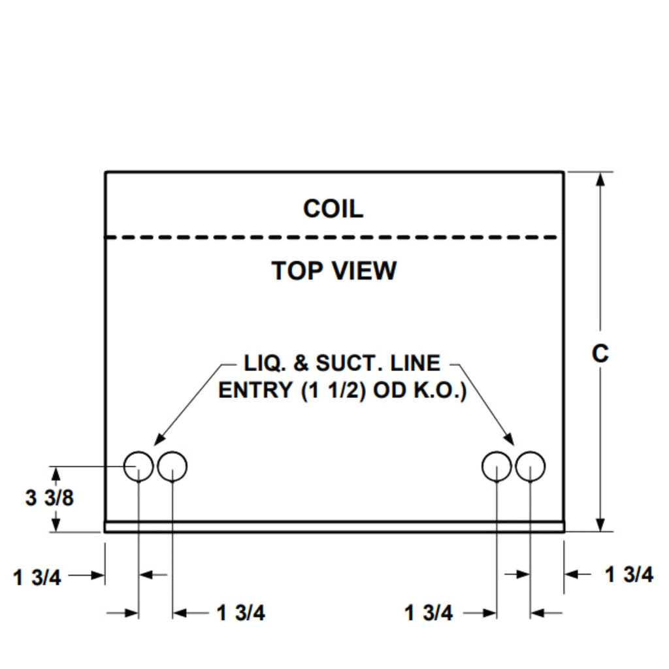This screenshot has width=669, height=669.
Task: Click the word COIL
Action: click(333, 209)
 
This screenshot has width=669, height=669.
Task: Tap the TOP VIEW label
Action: click(334, 270)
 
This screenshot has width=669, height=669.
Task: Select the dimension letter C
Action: click(600, 353)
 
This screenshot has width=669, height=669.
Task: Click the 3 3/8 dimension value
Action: click(50, 498)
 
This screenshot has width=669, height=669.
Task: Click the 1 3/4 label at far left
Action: click(37, 577)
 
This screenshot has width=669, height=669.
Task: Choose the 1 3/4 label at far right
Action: click(628, 575)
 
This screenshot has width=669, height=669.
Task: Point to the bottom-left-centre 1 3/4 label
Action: click(241, 613)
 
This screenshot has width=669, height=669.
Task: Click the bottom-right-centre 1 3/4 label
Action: click(429, 613)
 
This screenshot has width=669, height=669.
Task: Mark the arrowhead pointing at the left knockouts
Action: click(161, 440)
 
